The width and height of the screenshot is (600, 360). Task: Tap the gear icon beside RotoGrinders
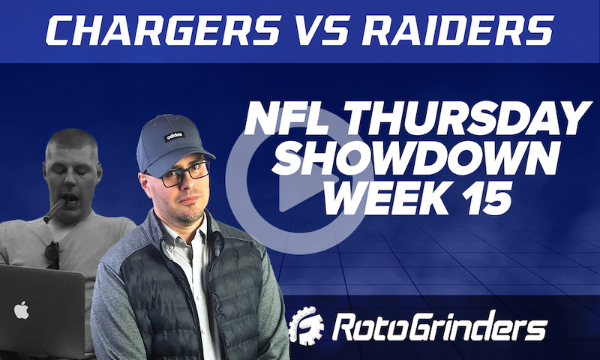click(307, 328)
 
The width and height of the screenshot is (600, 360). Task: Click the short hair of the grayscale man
click(71, 141)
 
